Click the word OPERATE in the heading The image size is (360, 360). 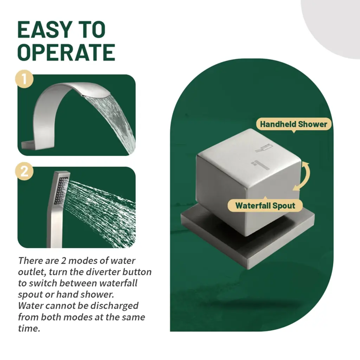coord(66,52)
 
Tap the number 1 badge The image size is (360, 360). coord(24,79)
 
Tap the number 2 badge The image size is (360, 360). coord(24,171)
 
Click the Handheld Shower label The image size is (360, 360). coord(294,124)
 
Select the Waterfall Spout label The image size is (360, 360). coord(265,205)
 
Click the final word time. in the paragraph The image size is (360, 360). coord(29,328)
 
